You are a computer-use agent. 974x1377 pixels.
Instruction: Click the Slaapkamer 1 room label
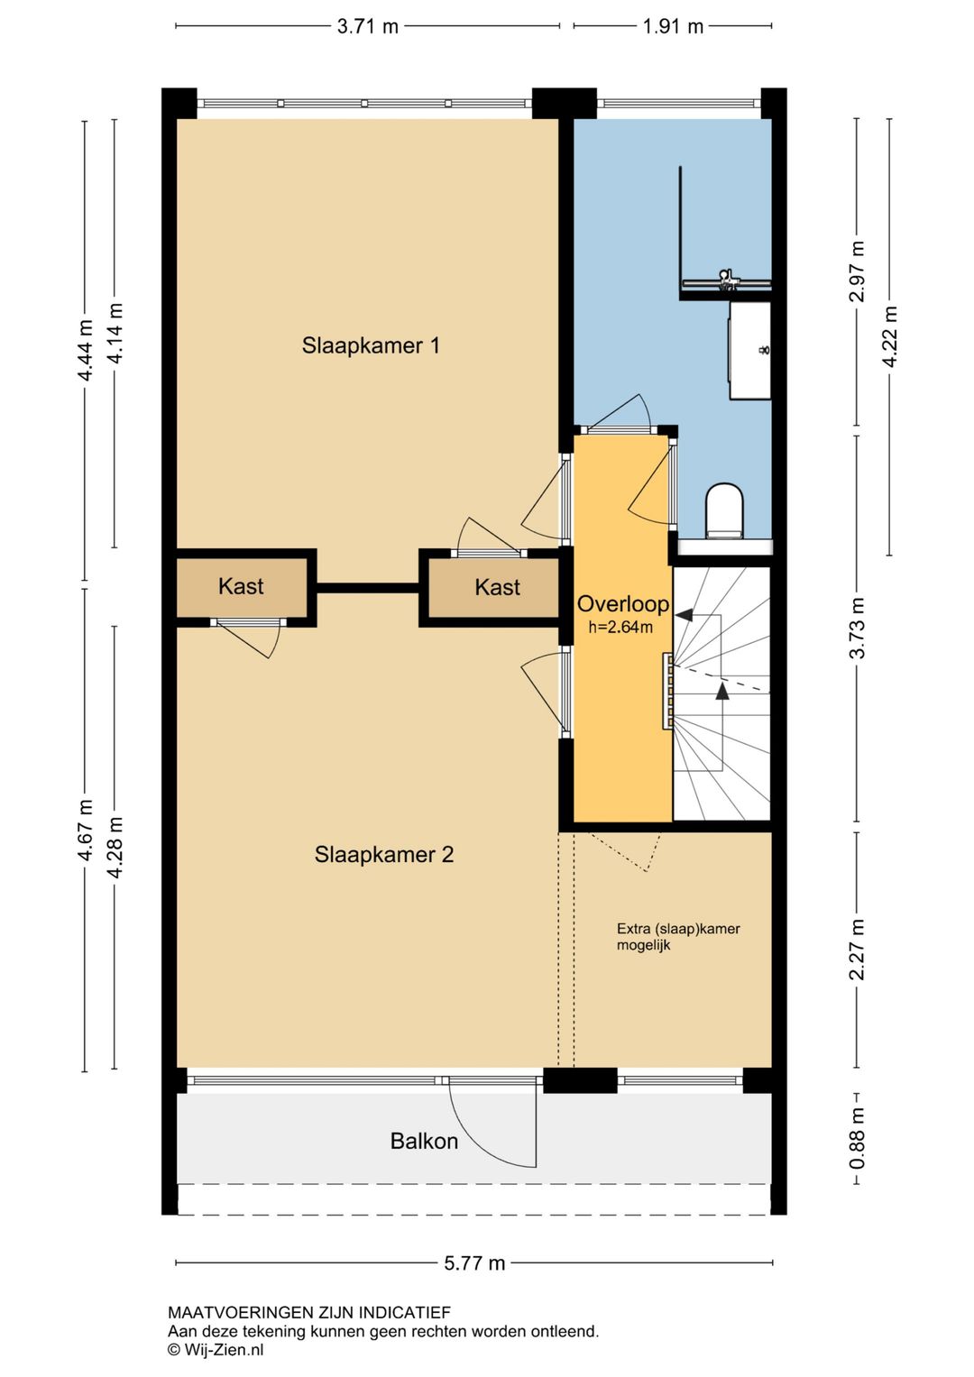click(370, 345)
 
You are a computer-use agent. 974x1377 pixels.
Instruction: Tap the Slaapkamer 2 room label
click(383, 855)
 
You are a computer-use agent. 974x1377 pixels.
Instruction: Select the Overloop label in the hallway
click(622, 604)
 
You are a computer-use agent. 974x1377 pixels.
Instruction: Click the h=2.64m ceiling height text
click(620, 628)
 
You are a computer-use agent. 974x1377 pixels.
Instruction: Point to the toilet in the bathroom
click(724, 509)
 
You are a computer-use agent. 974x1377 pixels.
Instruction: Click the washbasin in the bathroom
click(749, 351)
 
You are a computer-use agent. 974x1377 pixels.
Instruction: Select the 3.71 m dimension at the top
click(368, 27)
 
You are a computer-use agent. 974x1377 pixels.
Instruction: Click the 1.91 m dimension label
click(673, 27)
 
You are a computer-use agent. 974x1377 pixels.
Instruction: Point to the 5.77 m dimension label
click(474, 1263)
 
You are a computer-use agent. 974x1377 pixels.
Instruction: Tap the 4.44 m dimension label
click(85, 351)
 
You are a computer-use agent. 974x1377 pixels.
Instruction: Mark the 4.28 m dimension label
click(115, 849)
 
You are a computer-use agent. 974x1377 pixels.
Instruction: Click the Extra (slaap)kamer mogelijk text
click(678, 937)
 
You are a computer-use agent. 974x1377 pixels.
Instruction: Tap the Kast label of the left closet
click(241, 586)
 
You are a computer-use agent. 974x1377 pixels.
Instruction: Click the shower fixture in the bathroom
click(727, 281)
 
